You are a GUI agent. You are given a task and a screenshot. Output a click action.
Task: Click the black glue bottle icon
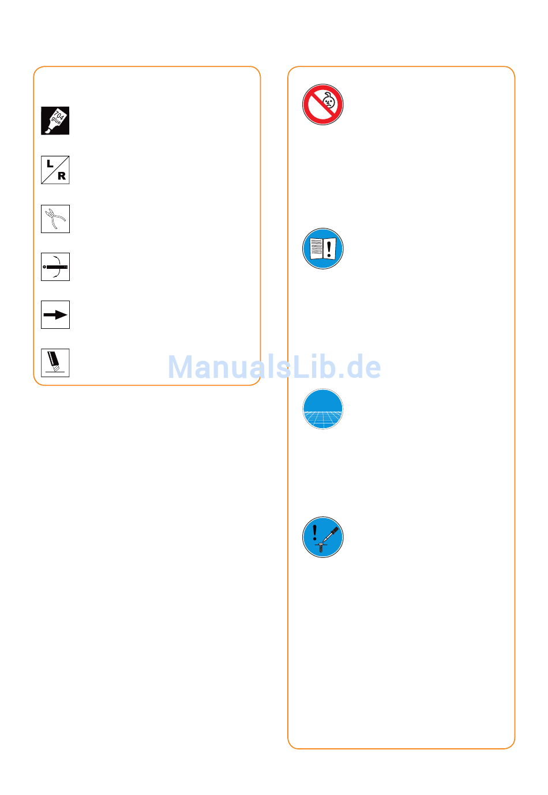(55, 121)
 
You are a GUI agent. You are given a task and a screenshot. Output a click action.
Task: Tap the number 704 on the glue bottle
(59, 115)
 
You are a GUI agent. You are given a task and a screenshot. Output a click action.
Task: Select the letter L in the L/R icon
(50, 164)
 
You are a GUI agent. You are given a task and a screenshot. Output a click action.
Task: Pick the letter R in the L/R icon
(61, 177)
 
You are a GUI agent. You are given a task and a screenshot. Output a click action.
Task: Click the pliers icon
(55, 219)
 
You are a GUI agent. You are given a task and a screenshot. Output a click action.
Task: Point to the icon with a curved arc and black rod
(56, 267)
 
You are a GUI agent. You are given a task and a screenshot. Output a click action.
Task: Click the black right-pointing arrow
(55, 315)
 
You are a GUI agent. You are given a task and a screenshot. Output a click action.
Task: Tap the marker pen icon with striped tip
(55, 362)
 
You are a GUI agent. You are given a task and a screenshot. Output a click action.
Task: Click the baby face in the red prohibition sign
(328, 102)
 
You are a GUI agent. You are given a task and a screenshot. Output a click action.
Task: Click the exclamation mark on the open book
(329, 249)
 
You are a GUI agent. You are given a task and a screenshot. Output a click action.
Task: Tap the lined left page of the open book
(316, 249)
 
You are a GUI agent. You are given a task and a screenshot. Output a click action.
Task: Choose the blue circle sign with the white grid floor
(323, 410)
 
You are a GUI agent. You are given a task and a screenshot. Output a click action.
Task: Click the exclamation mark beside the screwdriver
(314, 532)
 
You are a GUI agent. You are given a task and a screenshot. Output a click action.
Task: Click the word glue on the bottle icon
(55, 121)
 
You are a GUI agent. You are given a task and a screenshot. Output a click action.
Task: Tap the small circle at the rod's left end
(44, 267)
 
